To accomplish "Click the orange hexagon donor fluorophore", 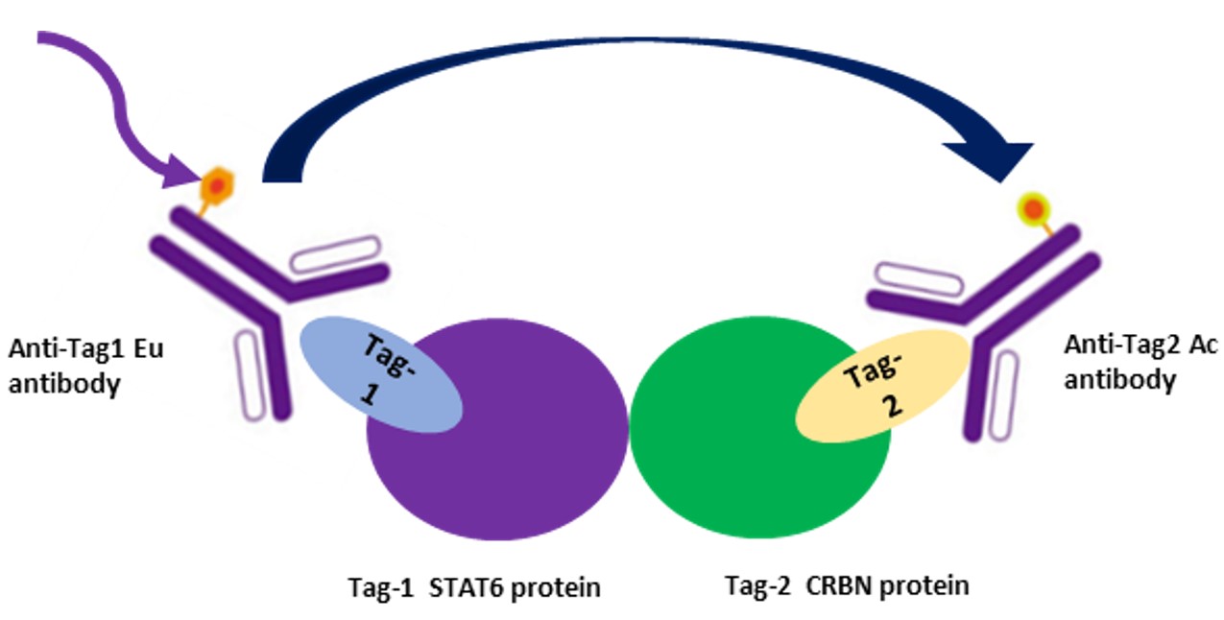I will [x=217, y=186].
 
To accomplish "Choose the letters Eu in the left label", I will [x=151, y=348].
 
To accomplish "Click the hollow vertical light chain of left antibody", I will [x=250, y=374].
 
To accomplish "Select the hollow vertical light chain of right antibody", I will [x=1006, y=393].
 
